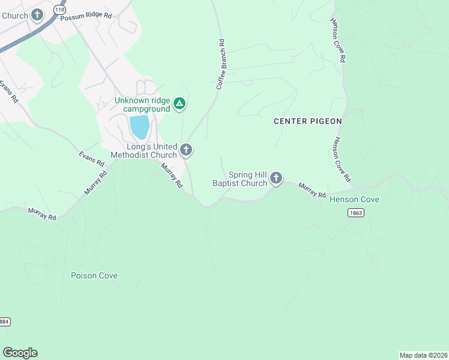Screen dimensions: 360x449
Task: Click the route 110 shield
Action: pyautogui.click(x=59, y=10)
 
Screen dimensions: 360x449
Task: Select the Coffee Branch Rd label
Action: pyautogui.click(x=221, y=65)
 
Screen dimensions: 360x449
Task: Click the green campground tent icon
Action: pyautogui.click(x=179, y=104)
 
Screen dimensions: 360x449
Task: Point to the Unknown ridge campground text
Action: pyautogui.click(x=142, y=105)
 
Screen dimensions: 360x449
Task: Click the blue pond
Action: pyautogui.click(x=139, y=127)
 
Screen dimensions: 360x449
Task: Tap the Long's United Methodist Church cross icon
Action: pyautogui.click(x=186, y=149)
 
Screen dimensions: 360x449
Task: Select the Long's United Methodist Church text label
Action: pyautogui.click(x=152, y=151)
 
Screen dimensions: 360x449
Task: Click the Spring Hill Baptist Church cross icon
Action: pyautogui.click(x=276, y=178)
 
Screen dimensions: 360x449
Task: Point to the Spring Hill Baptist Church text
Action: pyautogui.click(x=240, y=179)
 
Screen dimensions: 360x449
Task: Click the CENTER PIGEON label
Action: pyautogui.click(x=307, y=121)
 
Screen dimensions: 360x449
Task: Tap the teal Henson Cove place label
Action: pyautogui.click(x=354, y=199)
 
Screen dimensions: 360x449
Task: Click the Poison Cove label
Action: pyautogui.click(x=94, y=276)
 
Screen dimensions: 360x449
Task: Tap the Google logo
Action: pyautogui.click(x=20, y=353)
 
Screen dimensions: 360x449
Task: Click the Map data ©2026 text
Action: pyautogui.click(x=423, y=355)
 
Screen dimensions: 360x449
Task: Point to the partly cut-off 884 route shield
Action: pyautogui.click(x=4, y=322)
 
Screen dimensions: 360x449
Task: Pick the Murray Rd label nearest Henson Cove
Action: pyautogui.click(x=312, y=191)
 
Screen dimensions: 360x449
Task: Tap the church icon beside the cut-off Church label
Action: pyautogui.click(x=37, y=15)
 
